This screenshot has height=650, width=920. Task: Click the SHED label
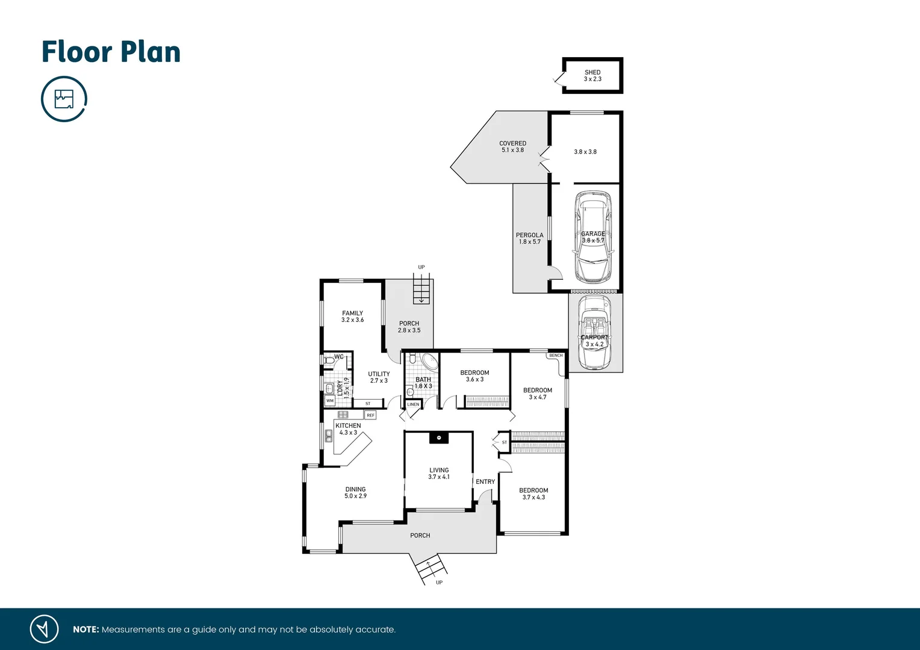tap(592, 73)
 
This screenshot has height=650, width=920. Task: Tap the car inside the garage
tap(592, 237)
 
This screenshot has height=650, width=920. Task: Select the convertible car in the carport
tap(594, 332)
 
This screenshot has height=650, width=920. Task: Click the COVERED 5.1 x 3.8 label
tap(512, 147)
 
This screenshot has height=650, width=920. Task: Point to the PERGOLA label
tap(529, 235)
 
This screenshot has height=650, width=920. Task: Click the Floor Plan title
tap(111, 52)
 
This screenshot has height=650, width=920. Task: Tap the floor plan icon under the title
tap(64, 99)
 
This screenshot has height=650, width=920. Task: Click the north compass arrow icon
tap(44, 629)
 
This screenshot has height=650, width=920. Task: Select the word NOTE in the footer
tap(85, 630)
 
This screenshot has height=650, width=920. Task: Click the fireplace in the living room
tap(439, 438)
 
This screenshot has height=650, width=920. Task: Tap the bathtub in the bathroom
tap(429, 362)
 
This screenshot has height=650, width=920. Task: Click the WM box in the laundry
tap(330, 400)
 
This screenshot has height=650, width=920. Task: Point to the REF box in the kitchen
tap(370, 415)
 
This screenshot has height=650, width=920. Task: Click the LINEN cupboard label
tap(413, 404)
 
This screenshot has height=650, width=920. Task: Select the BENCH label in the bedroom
tap(556, 356)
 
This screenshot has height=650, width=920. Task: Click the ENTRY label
tap(485, 481)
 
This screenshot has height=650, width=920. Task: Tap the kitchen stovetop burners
tap(343, 415)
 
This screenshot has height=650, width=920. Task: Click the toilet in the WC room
tap(328, 360)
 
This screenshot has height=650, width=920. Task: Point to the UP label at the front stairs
tap(439, 582)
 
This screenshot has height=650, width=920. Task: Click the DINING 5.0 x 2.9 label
tap(355, 493)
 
